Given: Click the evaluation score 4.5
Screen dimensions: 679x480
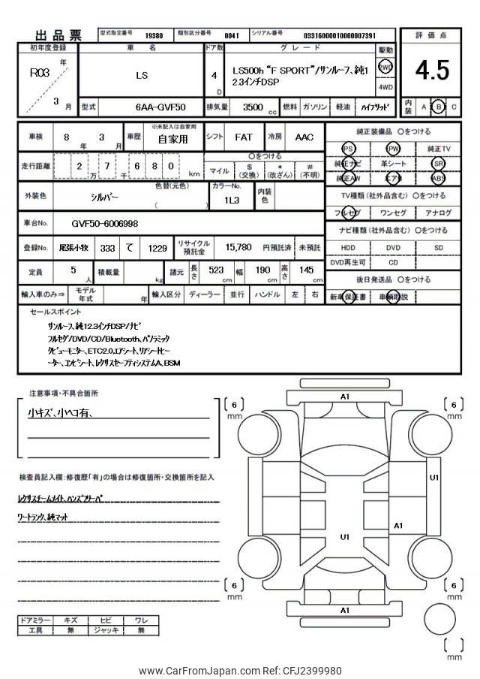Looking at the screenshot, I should [432, 70].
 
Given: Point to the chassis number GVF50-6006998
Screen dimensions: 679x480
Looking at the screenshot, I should [104, 223].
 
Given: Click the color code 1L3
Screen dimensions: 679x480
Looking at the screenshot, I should [231, 201].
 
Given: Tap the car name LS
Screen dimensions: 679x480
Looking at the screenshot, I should [141, 75].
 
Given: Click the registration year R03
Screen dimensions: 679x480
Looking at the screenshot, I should [37, 74].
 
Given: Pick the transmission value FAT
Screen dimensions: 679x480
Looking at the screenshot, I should [243, 138].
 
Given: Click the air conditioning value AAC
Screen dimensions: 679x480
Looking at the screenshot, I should [304, 138].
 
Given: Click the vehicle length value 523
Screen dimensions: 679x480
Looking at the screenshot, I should [216, 270].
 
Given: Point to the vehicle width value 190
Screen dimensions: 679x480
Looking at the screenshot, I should [263, 270].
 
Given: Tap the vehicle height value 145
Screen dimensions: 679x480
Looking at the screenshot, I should [307, 270].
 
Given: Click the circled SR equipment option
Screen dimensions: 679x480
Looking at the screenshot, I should [439, 163].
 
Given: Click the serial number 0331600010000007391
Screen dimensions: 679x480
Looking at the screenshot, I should [339, 35].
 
